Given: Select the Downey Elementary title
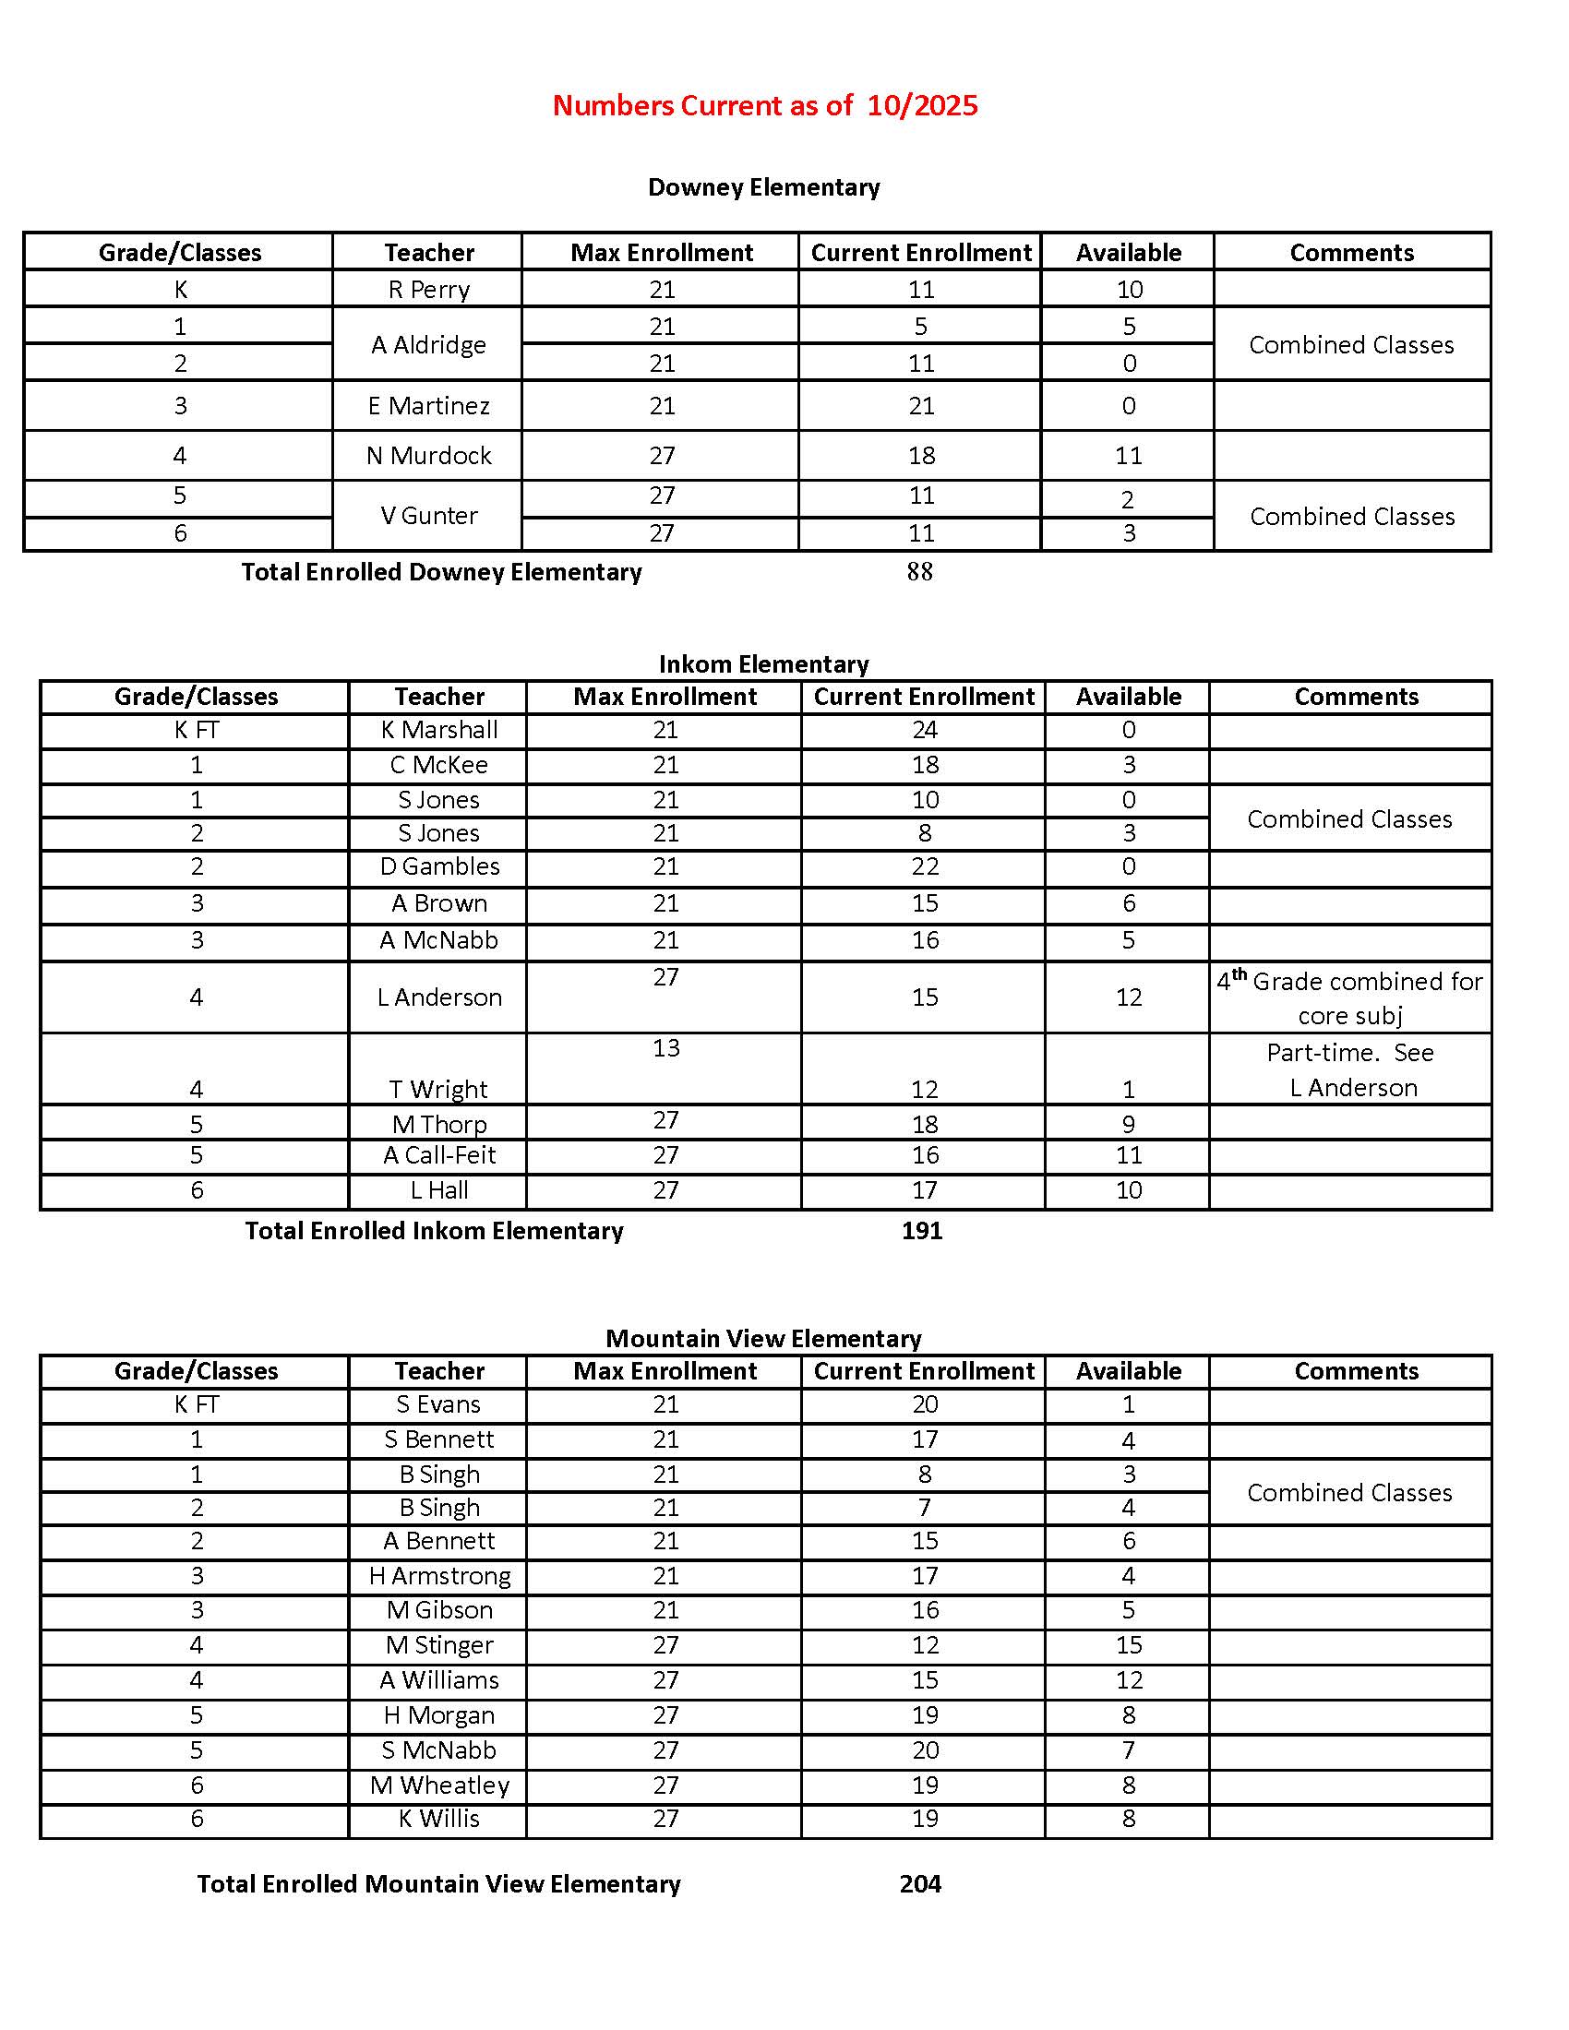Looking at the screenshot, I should pos(763,186).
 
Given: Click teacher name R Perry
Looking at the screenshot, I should pos(428,289).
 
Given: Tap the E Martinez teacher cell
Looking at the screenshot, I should pos(428,405).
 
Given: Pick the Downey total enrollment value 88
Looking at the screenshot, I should pos(919,572).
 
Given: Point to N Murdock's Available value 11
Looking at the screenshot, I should pos(1128,456).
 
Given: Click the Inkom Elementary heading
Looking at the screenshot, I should pos(763,663).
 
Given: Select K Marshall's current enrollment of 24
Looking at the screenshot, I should pos(924,730).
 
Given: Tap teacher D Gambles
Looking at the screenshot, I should pos(438,866).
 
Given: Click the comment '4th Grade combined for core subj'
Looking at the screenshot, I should pos(1349,997).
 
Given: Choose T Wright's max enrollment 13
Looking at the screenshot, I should pos(665,1047).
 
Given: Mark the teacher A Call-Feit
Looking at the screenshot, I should pos(438,1155).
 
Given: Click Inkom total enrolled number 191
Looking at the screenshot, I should pos(921,1231).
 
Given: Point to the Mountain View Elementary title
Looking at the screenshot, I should pos(763,1339).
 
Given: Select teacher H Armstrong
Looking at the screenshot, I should pos(438,1575).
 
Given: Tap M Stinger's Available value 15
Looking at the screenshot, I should pos(1128,1644).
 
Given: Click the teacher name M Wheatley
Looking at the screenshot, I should pos(438,1785).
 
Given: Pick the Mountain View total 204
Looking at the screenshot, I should pos(920,1883).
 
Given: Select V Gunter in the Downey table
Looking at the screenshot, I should pos(428,515).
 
